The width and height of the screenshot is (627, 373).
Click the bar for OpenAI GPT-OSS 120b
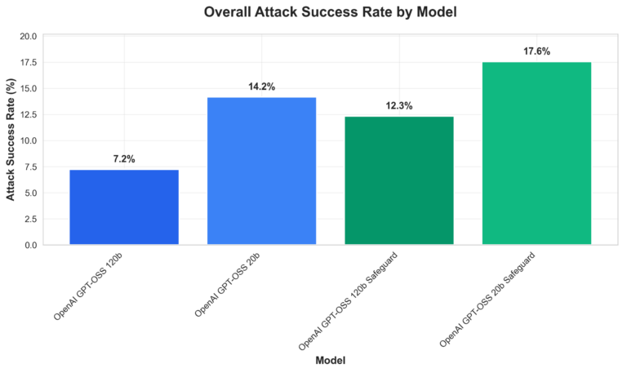pos(124,207)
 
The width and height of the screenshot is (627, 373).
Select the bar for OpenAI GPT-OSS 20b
pos(261,171)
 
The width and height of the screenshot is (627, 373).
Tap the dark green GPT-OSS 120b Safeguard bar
pos(398,180)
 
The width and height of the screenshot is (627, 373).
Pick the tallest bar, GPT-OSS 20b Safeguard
pos(536,153)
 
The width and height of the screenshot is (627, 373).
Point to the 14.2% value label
pos(261,86)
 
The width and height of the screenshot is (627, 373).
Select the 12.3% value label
pos(399,105)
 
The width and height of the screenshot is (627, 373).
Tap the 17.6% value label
pos(536,51)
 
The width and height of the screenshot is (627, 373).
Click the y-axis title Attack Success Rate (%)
pos(11,140)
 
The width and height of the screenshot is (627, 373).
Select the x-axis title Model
pos(331,360)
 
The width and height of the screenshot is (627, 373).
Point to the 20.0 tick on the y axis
pos(28,37)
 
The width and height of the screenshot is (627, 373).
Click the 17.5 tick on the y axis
pos(28,63)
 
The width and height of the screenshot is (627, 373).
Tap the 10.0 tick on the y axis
pos(28,141)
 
